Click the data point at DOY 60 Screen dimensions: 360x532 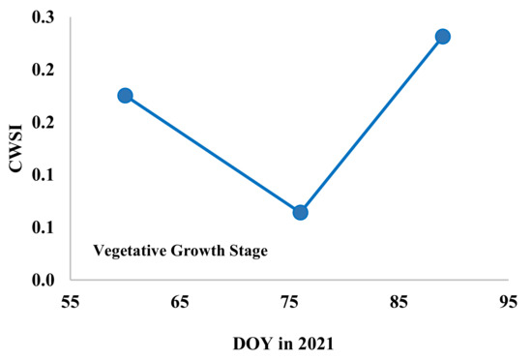[125, 95]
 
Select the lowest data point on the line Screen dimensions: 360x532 [300, 212]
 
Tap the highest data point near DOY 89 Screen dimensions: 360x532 [443, 37]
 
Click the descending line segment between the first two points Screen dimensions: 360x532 [213, 154]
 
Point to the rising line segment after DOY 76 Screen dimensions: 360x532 [371, 124]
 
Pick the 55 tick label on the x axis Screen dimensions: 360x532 [70, 301]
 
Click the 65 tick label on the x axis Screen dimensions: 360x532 [179, 301]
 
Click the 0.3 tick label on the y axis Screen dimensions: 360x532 [42, 18]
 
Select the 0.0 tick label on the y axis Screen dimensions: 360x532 [42, 281]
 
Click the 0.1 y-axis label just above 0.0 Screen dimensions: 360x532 [42, 228]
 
